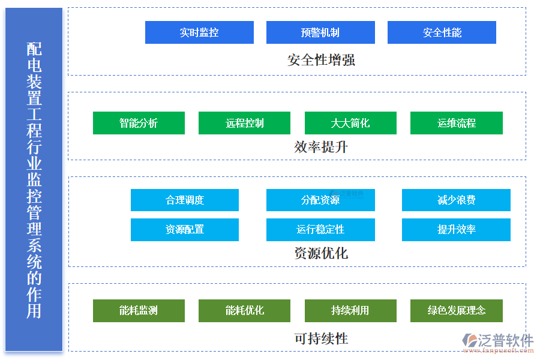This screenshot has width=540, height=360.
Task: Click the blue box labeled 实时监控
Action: [199, 32]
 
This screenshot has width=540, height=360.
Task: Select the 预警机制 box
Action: [320, 32]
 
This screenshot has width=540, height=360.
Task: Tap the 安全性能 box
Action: [442, 32]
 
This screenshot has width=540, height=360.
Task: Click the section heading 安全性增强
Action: [321, 60]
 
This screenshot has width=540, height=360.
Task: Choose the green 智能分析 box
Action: [139, 123]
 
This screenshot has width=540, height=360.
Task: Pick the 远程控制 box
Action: [244, 123]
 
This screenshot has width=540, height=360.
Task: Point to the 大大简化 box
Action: [350, 123]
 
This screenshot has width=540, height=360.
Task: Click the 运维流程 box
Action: [456, 123]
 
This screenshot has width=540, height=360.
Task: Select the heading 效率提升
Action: [321, 147]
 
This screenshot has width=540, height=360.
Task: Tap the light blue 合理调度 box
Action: [185, 200]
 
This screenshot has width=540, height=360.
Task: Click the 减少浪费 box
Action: [456, 200]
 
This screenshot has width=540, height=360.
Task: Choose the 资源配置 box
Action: [185, 229]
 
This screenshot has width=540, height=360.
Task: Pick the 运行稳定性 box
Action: [320, 229]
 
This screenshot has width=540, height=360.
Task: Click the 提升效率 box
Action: [456, 229]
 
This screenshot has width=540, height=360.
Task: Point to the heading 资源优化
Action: [321, 253]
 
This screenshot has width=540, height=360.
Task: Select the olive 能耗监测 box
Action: [139, 310]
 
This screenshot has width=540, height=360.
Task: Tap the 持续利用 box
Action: [350, 310]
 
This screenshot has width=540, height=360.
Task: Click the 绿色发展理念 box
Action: [456, 310]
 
